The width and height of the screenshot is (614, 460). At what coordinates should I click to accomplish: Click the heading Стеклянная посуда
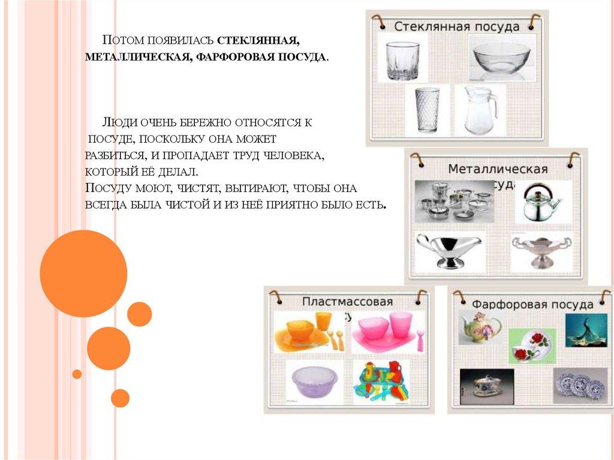456,27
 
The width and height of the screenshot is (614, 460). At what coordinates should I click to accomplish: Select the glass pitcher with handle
479,110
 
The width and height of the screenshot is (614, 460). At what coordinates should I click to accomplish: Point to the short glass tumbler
402,60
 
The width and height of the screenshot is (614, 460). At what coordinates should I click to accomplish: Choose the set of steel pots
455,202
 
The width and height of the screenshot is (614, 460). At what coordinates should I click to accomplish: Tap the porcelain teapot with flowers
480,327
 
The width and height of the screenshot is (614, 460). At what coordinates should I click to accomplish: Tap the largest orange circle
83,273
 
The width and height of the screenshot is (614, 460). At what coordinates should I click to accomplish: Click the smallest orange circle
77,374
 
